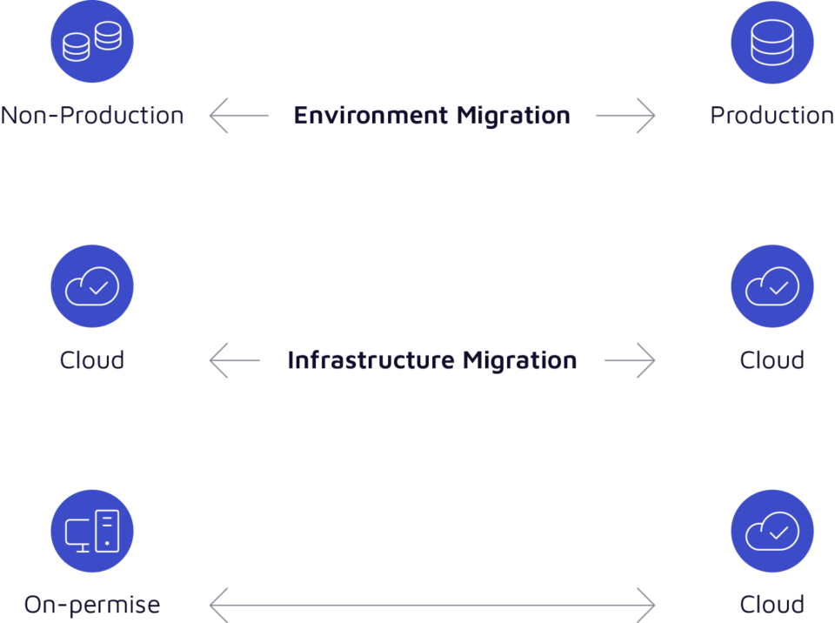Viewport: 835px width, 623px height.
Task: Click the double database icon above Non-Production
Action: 92,42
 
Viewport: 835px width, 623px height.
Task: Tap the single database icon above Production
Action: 772,42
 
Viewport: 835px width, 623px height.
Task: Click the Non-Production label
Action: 92,115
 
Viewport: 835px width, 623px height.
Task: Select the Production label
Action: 772,115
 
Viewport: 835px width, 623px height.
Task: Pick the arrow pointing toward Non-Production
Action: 237,115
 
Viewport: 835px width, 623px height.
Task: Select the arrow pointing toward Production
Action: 626,115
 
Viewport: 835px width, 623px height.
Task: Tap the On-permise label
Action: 92,605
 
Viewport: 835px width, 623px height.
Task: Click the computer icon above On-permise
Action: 92,531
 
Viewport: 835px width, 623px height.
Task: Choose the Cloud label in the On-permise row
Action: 772,605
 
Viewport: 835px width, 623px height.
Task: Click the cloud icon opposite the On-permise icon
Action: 772,531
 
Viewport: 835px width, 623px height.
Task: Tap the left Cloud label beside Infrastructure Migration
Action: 92,360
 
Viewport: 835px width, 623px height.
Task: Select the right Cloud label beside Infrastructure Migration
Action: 772,360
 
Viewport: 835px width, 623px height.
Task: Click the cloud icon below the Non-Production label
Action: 92,286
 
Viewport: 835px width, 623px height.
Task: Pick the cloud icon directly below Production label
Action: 772,286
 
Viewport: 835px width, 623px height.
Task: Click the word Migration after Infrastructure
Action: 519,360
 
